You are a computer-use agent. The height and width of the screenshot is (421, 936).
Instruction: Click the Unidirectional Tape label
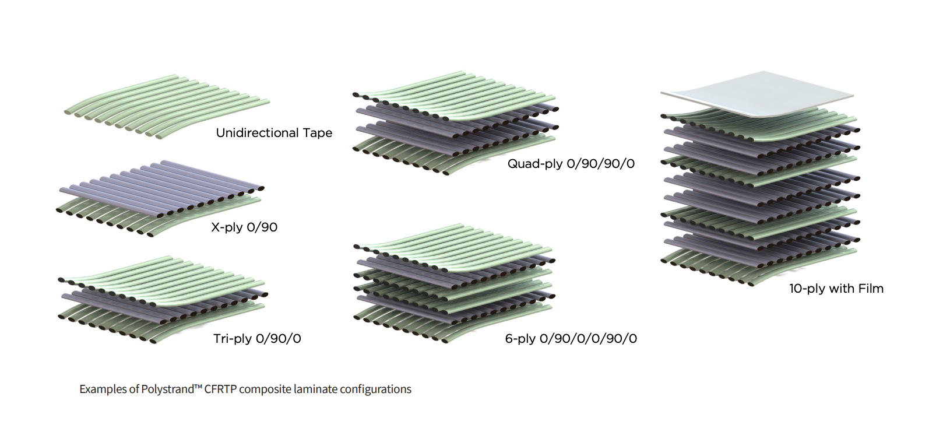[274, 133]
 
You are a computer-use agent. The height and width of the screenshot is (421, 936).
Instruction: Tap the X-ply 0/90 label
[244, 227]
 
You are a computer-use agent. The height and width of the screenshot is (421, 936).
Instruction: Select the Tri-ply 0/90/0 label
[257, 339]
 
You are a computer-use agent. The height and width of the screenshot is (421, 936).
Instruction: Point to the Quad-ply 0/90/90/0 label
[571, 164]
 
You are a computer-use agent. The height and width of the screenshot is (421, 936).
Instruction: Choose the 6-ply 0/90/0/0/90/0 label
[571, 339]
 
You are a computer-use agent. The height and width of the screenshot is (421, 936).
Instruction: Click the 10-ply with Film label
[836, 289]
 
